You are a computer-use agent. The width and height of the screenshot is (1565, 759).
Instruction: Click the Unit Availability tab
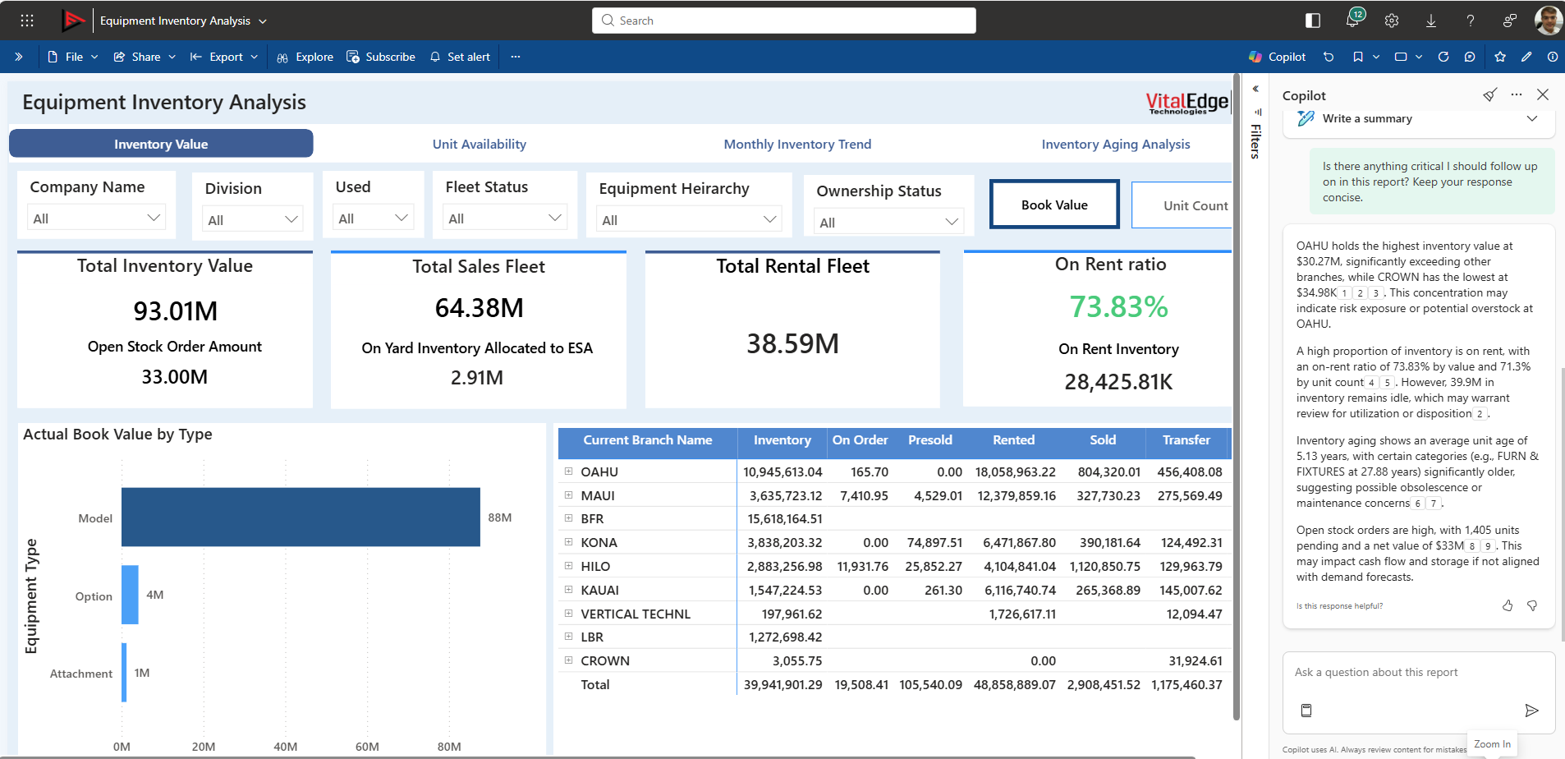click(479, 144)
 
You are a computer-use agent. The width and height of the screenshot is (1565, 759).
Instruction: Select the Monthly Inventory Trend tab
click(796, 144)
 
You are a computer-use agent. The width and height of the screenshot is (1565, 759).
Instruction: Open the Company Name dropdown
click(96, 218)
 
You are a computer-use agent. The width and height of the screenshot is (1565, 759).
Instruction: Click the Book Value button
click(1053, 205)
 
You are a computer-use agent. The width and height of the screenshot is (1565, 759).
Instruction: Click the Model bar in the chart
click(301, 517)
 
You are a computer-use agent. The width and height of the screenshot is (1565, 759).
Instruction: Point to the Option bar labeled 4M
click(130, 595)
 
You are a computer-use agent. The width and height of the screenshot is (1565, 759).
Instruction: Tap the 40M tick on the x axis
click(285, 747)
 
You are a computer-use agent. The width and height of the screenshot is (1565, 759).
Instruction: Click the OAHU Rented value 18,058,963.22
click(1015, 471)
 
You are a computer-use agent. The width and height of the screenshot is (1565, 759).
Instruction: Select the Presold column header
click(929, 440)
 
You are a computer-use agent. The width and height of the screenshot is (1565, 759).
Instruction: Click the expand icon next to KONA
click(568, 542)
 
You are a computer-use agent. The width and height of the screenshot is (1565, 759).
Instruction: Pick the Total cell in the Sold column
click(1103, 684)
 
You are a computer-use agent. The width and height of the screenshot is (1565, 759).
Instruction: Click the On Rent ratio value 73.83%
click(1118, 306)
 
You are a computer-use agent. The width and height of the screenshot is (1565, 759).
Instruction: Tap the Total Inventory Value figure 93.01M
click(175, 311)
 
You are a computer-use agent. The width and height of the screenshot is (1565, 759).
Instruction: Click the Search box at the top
click(783, 21)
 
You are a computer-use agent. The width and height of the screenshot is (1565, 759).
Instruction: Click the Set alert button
click(460, 57)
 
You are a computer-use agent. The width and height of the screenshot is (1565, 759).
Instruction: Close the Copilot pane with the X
click(1542, 94)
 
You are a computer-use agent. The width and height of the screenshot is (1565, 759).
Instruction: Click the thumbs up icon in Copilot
click(1507, 605)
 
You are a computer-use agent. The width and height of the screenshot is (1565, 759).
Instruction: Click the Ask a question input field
click(1418, 672)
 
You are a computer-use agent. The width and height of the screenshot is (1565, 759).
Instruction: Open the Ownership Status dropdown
click(888, 222)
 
